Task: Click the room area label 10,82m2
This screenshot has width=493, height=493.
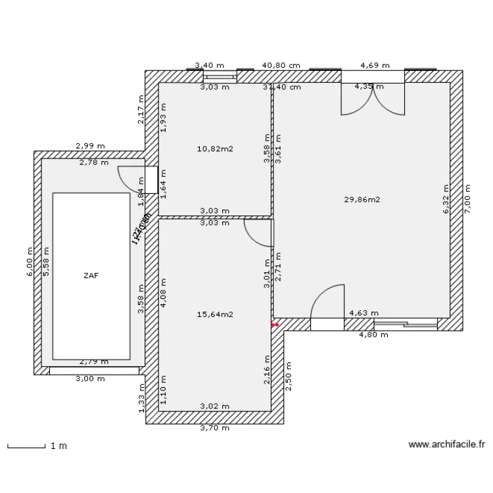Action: pos(215,149)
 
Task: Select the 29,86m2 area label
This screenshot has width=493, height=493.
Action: pos(362,199)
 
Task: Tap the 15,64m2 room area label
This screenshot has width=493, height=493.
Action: pos(215,314)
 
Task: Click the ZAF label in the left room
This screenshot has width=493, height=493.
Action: pos(91,276)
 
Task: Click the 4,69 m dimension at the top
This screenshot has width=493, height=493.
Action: pos(375,66)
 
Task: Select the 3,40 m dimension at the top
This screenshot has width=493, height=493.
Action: pos(208,66)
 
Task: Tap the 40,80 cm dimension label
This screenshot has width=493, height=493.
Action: pos(281,66)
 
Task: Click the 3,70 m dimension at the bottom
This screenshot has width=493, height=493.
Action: pos(215,428)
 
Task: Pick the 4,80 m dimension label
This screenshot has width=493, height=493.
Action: pos(373,335)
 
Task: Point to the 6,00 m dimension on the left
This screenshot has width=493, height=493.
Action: pos(30,262)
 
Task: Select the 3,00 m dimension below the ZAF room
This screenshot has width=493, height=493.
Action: pos(90,379)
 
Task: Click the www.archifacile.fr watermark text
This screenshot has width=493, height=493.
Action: pos(446,444)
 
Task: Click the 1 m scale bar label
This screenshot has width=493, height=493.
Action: pos(59,446)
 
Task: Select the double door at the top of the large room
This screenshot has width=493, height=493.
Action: pos(372,99)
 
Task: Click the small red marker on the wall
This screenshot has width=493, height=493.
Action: pos(275,324)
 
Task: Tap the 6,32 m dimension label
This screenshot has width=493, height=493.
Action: pos(446,199)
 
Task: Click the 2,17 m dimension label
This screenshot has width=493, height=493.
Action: pos(141,114)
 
